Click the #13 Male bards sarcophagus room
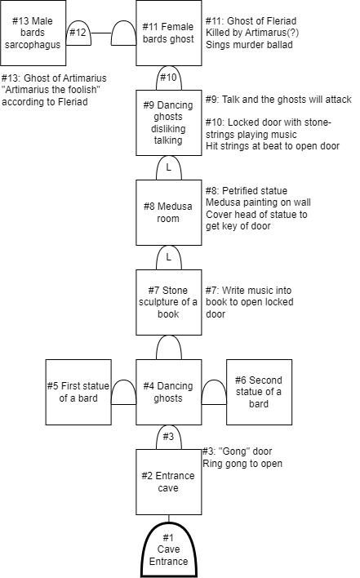[x=33, y=33]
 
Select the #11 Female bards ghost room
[x=169, y=33]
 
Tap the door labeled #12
[x=78, y=33]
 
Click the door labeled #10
[x=169, y=78]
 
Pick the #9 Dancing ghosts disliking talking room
[x=169, y=122]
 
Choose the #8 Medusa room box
[x=169, y=213]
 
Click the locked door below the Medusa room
[x=169, y=258]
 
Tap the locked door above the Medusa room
[x=169, y=167]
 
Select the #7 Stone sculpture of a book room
[x=169, y=302]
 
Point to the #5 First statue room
[x=78, y=392]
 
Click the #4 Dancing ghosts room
[x=169, y=392]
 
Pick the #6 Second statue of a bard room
[x=259, y=392]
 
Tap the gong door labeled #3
[x=169, y=438]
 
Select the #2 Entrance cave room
[x=169, y=482]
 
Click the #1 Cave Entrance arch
[x=169, y=549]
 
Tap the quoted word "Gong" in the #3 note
[x=232, y=451]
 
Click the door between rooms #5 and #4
[x=124, y=392]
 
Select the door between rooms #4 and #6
[x=214, y=392]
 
